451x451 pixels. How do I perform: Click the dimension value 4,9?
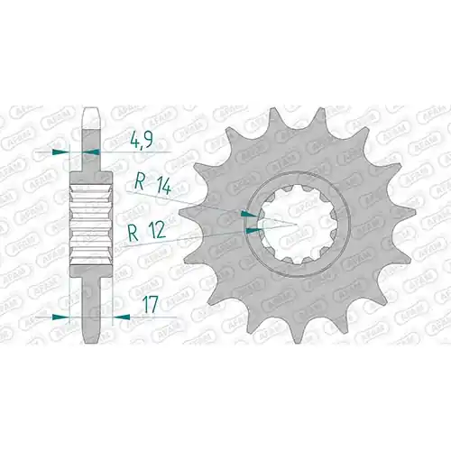142,141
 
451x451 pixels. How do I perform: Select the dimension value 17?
149,305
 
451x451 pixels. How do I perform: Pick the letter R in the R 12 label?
133,233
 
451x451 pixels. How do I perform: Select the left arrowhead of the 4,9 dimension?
60,152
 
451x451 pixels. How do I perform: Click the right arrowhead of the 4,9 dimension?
91,152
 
